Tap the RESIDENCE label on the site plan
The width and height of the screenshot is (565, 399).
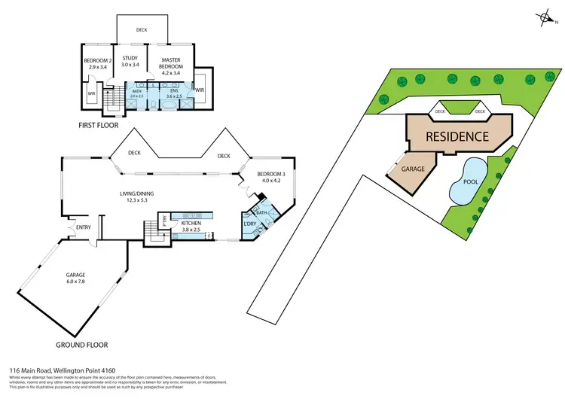pos(458,137)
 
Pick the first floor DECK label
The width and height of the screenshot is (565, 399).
pos(142,30)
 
